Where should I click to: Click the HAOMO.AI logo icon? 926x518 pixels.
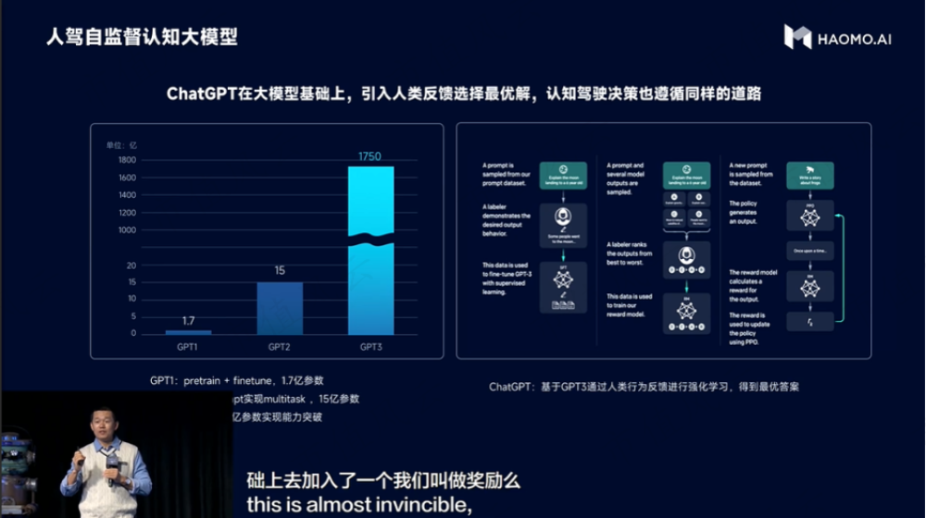pyautogui.click(x=797, y=37)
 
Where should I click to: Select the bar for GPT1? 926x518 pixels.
pyautogui.click(x=188, y=331)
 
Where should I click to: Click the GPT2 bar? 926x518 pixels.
pyautogui.click(x=280, y=307)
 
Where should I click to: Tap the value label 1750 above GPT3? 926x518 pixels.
pyautogui.click(x=370, y=156)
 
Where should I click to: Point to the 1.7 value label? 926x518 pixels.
pyautogui.click(x=188, y=321)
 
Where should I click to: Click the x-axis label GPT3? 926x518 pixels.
pyautogui.click(x=370, y=348)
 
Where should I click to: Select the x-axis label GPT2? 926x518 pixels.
pyautogui.click(x=280, y=348)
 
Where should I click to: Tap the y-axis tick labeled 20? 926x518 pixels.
pyautogui.click(x=131, y=265)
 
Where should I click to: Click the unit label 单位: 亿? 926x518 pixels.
pyautogui.click(x=120, y=144)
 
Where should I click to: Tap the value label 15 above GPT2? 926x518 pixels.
pyautogui.click(x=280, y=271)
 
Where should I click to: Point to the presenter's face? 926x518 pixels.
pyautogui.click(x=102, y=422)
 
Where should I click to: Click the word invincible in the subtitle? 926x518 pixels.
pyautogui.click(x=421, y=506)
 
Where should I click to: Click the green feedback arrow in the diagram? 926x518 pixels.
pyautogui.click(x=838, y=268)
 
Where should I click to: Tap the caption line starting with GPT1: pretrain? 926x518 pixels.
pyautogui.click(x=237, y=380)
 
